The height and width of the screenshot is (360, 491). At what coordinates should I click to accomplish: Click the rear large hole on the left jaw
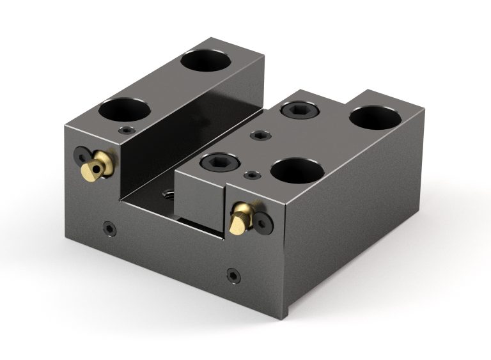[x=205, y=61]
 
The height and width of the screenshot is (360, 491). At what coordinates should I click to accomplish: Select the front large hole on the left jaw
[x=124, y=109]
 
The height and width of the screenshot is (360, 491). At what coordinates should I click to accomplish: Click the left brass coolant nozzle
[x=99, y=166]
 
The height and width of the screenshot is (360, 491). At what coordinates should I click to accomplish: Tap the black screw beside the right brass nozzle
[x=262, y=221]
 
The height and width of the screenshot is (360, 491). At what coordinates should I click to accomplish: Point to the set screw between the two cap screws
[x=260, y=135]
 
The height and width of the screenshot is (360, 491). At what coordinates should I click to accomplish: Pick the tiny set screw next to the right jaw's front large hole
[x=254, y=175]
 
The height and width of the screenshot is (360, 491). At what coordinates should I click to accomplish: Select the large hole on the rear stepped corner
[x=375, y=117]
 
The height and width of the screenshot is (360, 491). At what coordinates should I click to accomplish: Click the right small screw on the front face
[x=233, y=276]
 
